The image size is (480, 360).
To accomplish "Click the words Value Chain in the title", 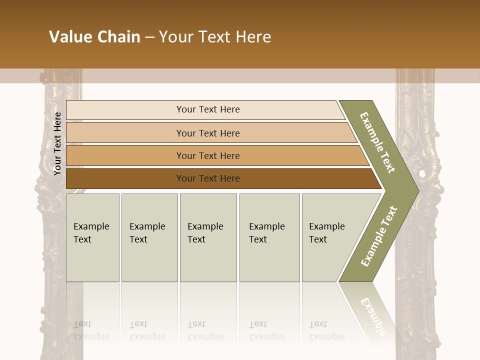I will tap(94, 37).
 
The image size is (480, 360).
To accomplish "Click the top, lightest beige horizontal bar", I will tap(125, 110).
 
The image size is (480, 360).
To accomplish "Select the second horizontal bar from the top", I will tap(125, 133).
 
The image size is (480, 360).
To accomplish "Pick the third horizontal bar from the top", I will tap(125, 155).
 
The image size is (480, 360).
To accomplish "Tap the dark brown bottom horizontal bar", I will tap(125, 178).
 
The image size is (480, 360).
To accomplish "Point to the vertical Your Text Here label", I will tap(58, 143).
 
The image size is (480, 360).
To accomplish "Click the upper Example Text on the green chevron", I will tap(377, 142).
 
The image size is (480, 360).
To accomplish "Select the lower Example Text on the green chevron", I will tap(379, 236).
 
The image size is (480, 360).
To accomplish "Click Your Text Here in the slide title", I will tap(215, 37).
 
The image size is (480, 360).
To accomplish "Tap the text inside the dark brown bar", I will tap(208, 178).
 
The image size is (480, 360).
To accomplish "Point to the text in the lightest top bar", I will tap(208, 109).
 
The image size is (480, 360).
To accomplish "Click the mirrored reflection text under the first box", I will tap(91, 330).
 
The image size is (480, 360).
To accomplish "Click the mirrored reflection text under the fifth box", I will tap(326, 330).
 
